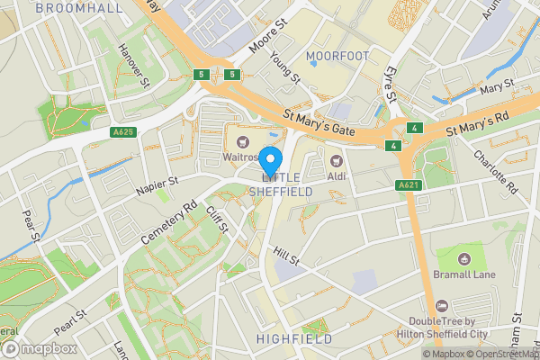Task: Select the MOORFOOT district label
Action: click(x=337, y=57)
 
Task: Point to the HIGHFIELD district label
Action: click(x=294, y=339)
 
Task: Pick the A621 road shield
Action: click(x=409, y=184)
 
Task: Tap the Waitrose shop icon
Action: click(x=242, y=139)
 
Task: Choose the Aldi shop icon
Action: click(x=340, y=160)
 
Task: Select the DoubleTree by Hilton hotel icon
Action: click(x=441, y=305)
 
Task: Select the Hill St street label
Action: click(x=287, y=259)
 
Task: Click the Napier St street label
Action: click(x=158, y=188)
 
